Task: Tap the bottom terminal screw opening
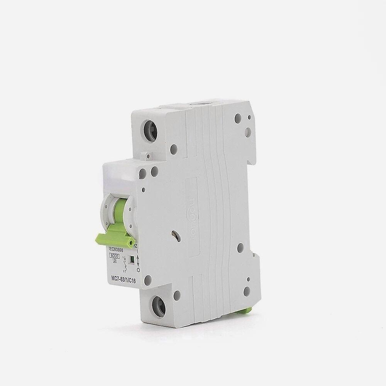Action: tap(159, 307)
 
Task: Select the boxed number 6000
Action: tap(115, 255)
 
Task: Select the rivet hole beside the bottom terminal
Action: tap(177, 296)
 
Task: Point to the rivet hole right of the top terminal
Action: tap(174, 147)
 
